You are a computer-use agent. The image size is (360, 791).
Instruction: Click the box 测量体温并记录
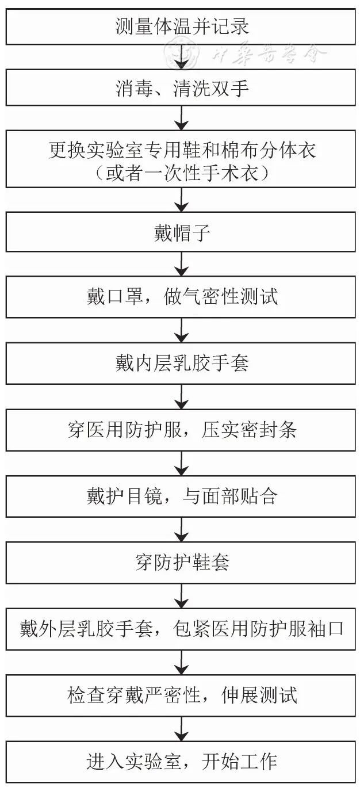tap(182, 27)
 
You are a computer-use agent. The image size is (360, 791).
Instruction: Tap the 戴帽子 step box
tap(182, 235)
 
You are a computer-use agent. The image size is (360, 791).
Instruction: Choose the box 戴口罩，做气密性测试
tap(182, 297)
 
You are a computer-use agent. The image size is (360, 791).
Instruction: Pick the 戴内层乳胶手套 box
tap(182, 364)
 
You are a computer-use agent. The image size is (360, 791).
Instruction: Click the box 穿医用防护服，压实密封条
tap(182, 430)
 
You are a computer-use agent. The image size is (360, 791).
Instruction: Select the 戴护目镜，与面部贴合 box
tap(182, 496)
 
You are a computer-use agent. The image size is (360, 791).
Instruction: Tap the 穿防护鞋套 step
tap(182, 563)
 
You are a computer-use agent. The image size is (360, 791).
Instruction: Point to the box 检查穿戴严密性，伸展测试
tap(182, 696)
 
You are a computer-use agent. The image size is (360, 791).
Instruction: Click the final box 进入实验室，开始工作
tap(182, 762)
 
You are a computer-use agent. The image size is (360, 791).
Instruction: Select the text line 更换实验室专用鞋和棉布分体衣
tap(182, 150)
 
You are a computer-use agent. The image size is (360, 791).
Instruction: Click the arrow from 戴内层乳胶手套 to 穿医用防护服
tap(182, 397)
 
